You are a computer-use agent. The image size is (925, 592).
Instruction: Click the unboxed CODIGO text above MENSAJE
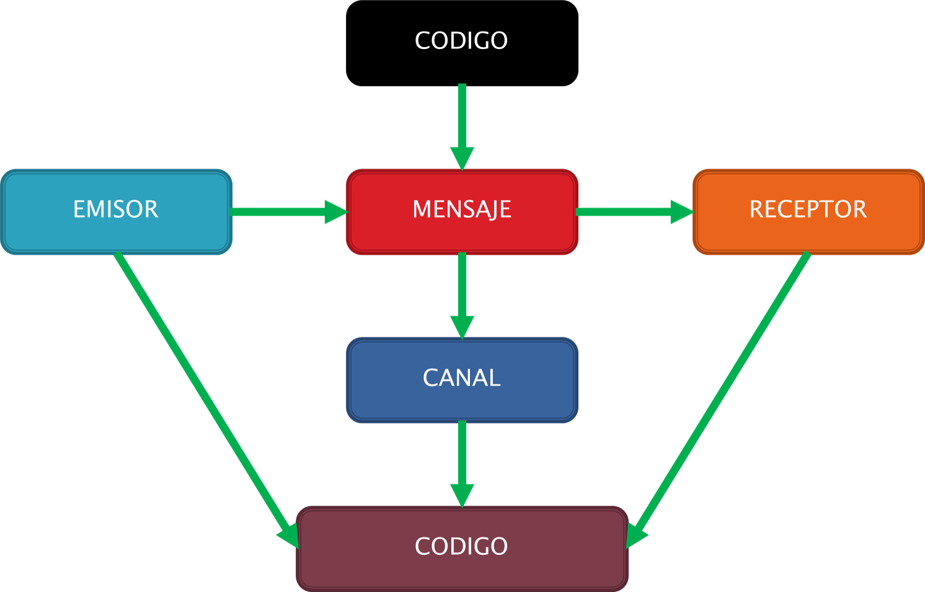tap(461, 41)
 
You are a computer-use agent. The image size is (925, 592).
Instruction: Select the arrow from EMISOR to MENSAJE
tap(279, 212)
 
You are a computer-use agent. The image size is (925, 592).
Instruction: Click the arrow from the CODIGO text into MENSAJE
tap(462, 118)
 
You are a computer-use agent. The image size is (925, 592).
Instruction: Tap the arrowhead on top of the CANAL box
tap(462, 327)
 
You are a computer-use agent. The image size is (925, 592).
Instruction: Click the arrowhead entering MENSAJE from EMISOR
tap(335, 212)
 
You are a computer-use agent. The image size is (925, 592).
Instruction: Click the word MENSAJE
tap(462, 210)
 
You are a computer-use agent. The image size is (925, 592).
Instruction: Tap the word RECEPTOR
tap(808, 210)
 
